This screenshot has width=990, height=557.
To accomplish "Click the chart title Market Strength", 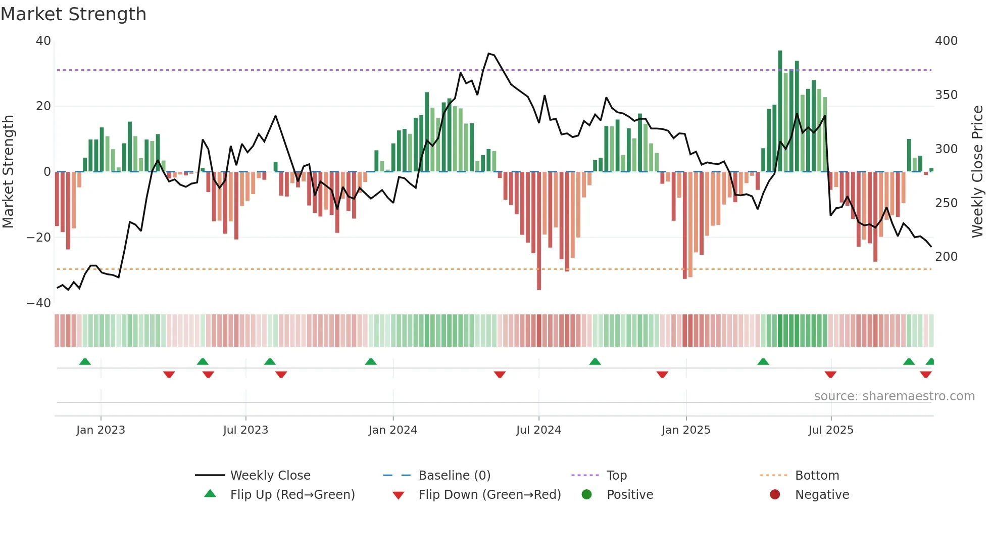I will pos(73,14).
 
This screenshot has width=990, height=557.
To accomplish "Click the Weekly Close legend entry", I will pos(270,476).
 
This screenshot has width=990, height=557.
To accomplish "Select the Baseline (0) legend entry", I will pos(454,476).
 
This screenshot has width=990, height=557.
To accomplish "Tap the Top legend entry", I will pos(616,476).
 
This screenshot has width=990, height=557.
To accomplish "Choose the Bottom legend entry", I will pos(817,476).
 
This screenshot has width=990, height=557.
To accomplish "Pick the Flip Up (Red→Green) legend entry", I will pos(292,495).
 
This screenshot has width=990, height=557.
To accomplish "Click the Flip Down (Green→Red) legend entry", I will pos(489,495).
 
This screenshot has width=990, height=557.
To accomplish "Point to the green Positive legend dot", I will pos(586,494).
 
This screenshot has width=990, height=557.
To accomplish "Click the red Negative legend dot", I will pos(775,494).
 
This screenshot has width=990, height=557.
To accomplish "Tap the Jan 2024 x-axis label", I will pos(393,430).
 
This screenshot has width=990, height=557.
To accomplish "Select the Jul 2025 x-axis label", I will pos(831,430).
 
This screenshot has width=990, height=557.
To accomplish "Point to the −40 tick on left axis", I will pos(39,303).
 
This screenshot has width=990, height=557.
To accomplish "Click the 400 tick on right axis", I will pos(946,41).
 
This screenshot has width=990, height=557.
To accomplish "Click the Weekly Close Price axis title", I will pos(977,172).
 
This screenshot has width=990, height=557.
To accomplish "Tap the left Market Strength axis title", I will pos(9,172).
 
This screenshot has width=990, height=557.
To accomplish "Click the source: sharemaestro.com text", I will pos(894,396).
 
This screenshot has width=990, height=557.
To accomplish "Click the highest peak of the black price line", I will pos(488,54).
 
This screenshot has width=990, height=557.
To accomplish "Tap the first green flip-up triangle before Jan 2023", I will pos(85,362).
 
